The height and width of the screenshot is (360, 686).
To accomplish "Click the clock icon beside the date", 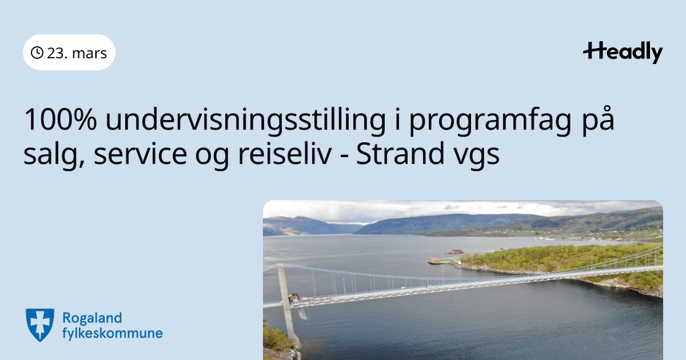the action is [37, 53].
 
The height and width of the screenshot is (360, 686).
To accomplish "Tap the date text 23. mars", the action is [77, 53].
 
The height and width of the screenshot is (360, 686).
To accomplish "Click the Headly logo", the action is [623, 53].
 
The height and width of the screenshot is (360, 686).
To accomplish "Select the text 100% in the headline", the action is [61, 119].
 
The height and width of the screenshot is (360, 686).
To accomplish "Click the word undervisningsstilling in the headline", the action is [245, 121].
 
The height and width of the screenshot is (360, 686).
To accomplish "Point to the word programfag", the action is [490, 122].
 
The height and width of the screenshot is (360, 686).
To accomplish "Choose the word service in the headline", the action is [140, 153].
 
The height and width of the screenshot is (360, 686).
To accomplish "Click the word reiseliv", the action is [285, 153].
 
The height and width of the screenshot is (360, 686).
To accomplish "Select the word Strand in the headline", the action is [400, 153].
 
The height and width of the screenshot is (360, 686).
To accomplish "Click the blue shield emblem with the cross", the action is [40, 325].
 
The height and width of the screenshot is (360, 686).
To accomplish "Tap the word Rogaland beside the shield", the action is [92, 318].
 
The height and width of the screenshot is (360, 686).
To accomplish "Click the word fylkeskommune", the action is [113, 333].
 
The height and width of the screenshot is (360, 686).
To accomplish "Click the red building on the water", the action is [455, 251].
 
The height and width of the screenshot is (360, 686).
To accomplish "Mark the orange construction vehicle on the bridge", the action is [294, 297].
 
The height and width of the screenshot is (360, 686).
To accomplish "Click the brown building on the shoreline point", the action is [435, 261].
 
